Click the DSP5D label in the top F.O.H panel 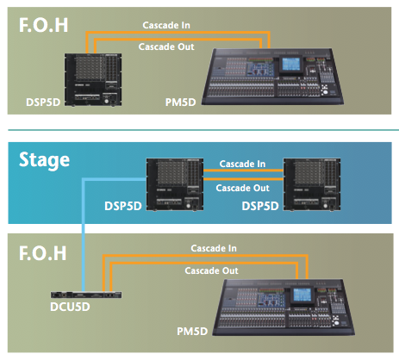[x=43, y=102]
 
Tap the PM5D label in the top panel [x=180, y=102]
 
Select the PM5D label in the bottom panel [x=192, y=332]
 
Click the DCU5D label [x=70, y=307]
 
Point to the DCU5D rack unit [x=86, y=295]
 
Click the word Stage [x=44, y=159]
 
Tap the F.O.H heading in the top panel [x=43, y=25]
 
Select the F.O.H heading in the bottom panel [x=43, y=253]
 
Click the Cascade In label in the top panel [x=166, y=25]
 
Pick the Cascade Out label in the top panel [x=166, y=47]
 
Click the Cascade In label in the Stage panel [x=242, y=164]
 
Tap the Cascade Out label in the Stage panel [x=243, y=188]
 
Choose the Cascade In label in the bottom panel [x=214, y=248]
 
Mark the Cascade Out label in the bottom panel [x=211, y=270]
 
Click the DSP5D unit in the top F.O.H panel [x=93, y=80]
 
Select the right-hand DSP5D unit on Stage [x=312, y=184]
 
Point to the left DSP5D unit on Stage [x=175, y=184]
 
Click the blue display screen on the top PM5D [x=291, y=65]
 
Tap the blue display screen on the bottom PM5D [x=302, y=295]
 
